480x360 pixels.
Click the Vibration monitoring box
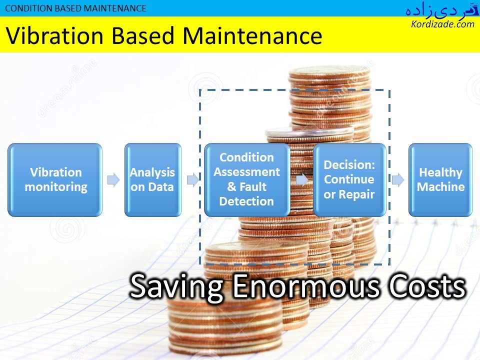tap(55, 180)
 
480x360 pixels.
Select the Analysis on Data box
tap(153, 180)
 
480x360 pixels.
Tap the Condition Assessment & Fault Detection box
tap(247, 180)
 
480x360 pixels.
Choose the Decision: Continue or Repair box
tap(349, 180)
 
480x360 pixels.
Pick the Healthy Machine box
tap(440, 180)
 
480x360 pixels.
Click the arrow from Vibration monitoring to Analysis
tap(113, 179)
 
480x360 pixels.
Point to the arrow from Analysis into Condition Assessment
tap(193, 179)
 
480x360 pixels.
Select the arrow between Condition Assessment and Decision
tap(302, 179)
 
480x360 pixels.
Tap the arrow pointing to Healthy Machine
tap(398, 179)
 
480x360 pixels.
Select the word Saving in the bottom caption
tap(176, 286)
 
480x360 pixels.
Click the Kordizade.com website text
tap(442, 24)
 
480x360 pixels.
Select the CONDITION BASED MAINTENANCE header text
tap(75, 8)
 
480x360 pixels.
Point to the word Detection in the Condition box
tap(246, 201)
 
